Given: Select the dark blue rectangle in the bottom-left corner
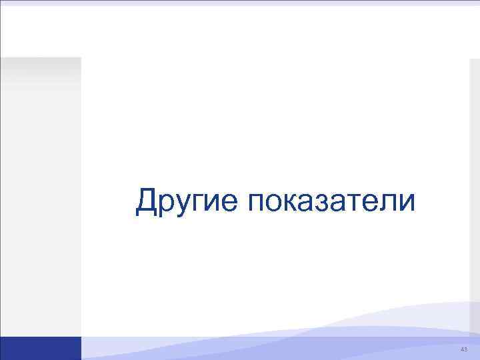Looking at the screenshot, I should (40, 348).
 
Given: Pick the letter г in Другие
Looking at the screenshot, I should (197, 203).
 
